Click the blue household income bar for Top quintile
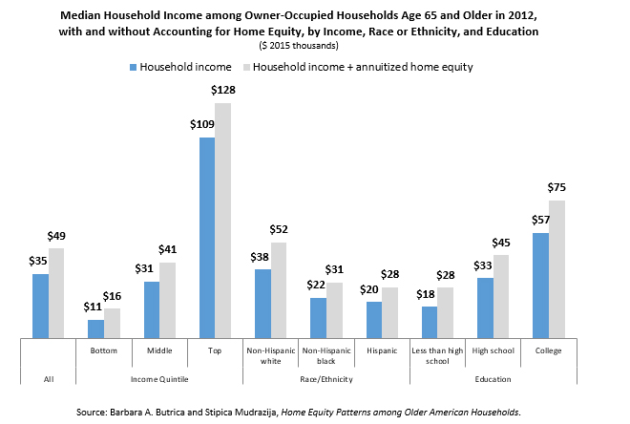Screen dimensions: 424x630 [x=207, y=237]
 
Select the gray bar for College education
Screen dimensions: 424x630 [x=556, y=268]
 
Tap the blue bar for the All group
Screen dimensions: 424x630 [x=40, y=306]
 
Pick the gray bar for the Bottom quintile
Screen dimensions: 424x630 [x=113, y=323]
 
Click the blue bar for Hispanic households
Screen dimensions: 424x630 [x=374, y=319]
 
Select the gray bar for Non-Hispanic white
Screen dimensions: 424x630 [x=279, y=289]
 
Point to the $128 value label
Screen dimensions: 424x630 [x=222, y=90]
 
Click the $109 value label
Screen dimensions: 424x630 [x=206, y=124]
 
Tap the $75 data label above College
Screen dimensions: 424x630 [x=556, y=187]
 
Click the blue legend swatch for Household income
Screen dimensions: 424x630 [x=133, y=67]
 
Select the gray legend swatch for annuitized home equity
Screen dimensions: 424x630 [x=245, y=67]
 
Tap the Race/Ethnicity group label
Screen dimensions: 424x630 [x=326, y=379]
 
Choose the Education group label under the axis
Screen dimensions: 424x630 [x=493, y=379]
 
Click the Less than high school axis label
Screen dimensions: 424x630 [x=436, y=356]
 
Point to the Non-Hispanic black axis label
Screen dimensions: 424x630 [x=326, y=356]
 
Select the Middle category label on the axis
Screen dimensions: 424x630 [x=159, y=351]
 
